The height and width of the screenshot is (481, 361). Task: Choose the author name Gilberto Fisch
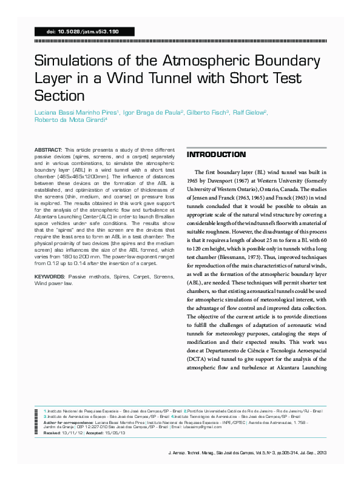[206, 113]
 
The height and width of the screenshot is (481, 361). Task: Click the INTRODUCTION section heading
[216, 155]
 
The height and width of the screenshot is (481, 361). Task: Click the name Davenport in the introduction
[226, 181]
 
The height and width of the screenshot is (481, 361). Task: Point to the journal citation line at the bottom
[246, 452]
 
